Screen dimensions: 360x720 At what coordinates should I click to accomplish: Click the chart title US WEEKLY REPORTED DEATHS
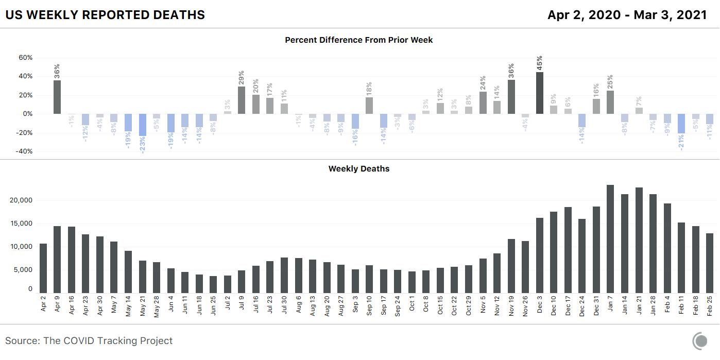pos(105,15)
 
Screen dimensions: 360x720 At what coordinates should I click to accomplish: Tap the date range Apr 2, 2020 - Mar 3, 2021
pos(627,15)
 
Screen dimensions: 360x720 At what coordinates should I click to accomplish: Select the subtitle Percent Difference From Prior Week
pos(359,40)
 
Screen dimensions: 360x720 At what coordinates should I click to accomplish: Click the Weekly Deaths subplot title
pos(359,168)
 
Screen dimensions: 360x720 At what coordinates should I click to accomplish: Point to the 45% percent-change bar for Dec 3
pos(539,93)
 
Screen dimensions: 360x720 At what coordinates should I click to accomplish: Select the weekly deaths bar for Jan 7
pos(610,239)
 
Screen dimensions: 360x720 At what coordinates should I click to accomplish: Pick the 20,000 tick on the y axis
pos(22,200)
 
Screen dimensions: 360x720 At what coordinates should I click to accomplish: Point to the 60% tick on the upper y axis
pos(25,58)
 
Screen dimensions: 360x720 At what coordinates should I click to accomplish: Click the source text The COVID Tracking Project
pos(89,340)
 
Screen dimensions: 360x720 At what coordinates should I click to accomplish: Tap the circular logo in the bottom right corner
pos(700,340)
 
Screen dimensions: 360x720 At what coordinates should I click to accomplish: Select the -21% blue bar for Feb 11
pos(681,123)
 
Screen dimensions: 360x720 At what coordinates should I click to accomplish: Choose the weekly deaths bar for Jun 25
pos(213,284)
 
